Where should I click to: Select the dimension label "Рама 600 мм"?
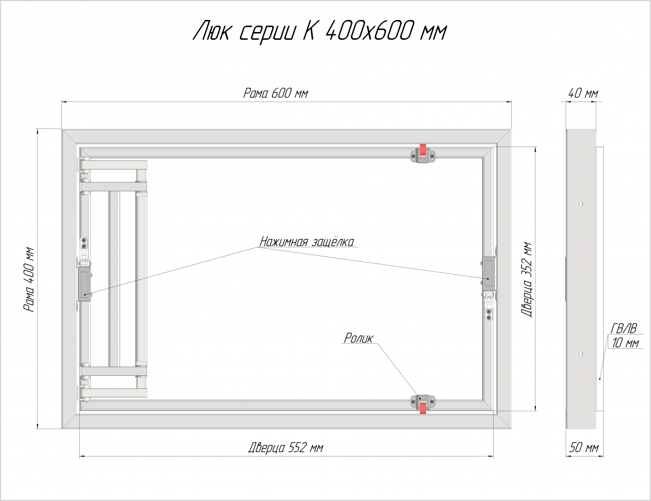[276, 93]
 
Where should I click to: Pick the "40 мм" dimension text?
[583, 93]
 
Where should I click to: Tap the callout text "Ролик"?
[359, 338]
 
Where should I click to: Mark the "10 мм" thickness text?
[625, 343]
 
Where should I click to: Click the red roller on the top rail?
[423, 149]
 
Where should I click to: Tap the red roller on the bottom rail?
[423, 408]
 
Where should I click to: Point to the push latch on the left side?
[85, 284]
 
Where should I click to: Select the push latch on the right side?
[488, 273]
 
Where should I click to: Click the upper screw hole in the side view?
[581, 204]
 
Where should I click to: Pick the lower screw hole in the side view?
[581, 353]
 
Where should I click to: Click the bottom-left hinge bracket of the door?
[83, 393]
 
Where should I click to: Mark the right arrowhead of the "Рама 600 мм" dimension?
[509, 102]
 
